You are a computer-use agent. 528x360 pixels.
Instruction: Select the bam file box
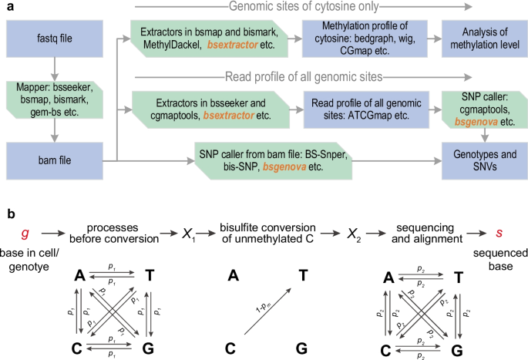pos(49,160)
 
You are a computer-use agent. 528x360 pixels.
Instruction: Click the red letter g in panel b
pos(25,231)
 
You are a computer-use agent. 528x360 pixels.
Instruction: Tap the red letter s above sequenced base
pos(499,231)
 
